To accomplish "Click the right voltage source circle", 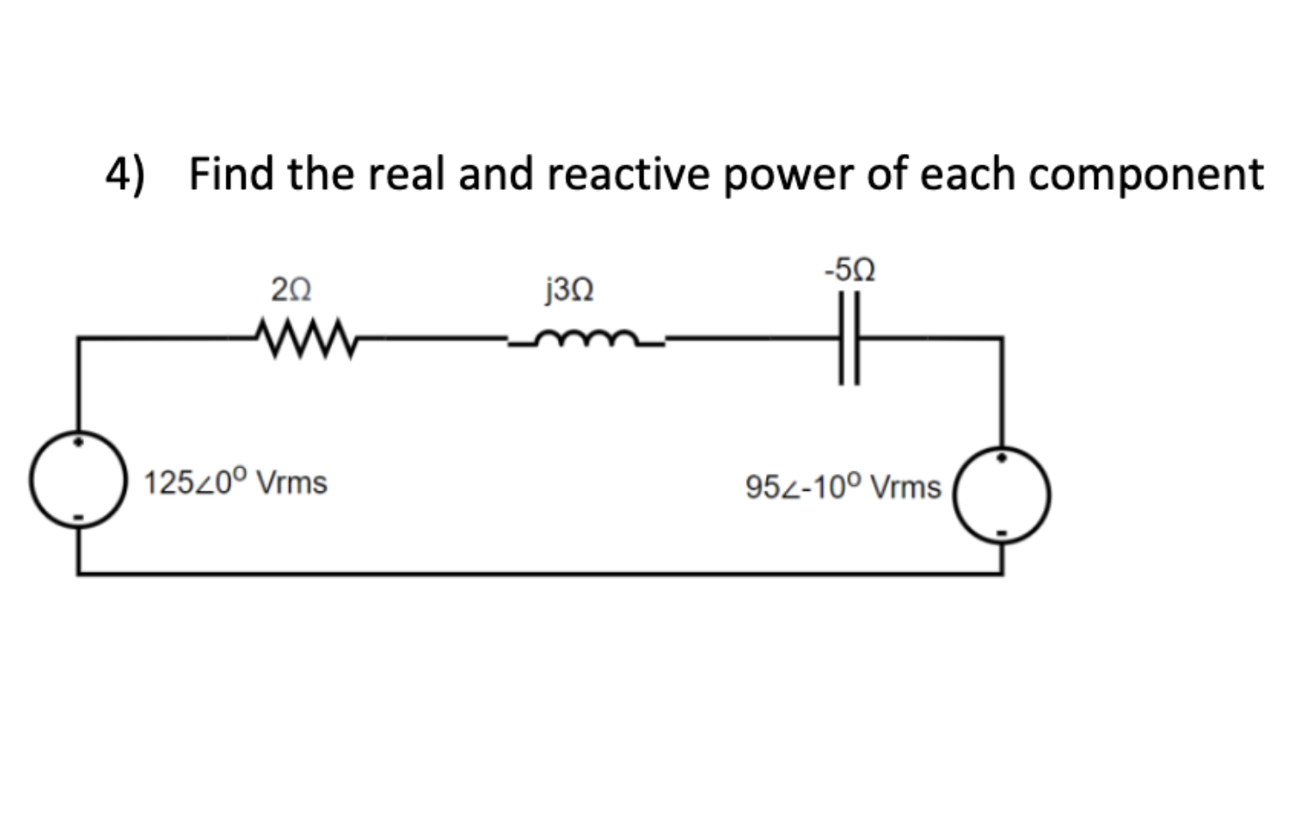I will (x=1002, y=496).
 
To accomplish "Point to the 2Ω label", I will (x=291, y=289).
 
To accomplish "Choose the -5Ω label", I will (x=849, y=269).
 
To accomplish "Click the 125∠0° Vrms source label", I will (x=235, y=483).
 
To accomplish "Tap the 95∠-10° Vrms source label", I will (x=843, y=487).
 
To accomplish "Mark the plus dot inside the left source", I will (x=79, y=442).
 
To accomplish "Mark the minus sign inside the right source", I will (x=1003, y=532).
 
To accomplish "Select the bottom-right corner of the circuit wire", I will (x=1002, y=574).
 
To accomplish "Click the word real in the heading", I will (x=407, y=173).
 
